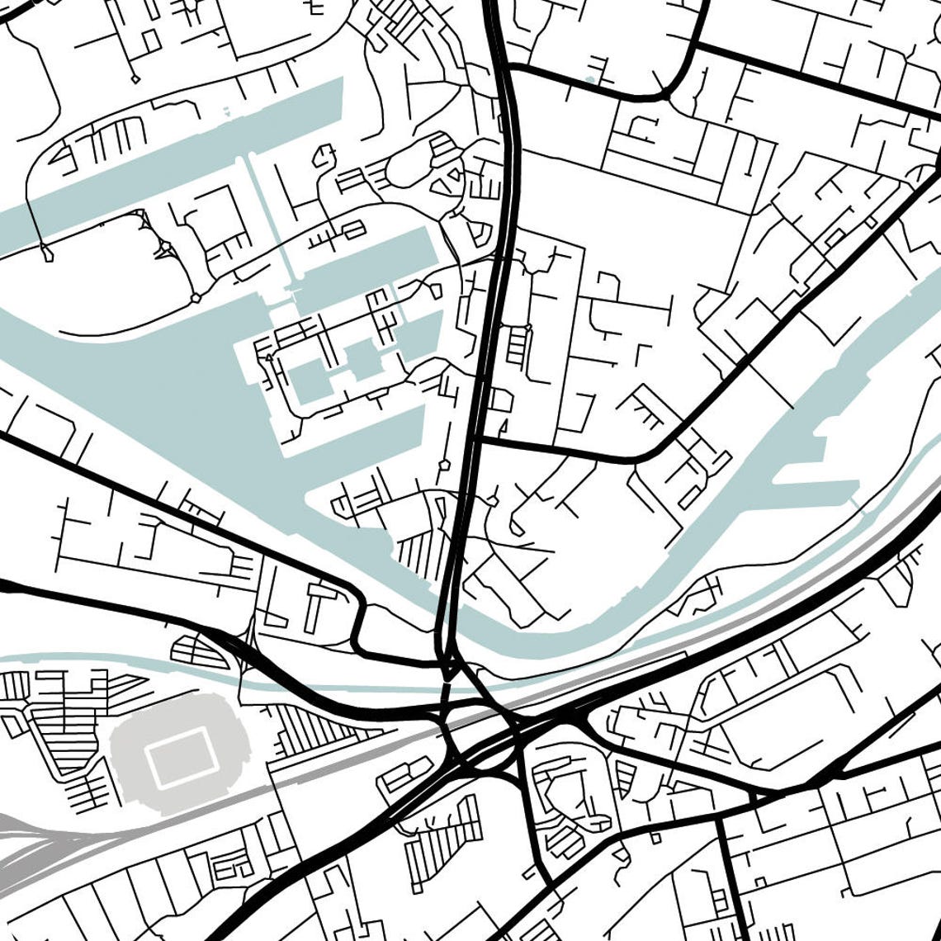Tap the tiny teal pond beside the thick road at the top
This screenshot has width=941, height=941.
coord(589,80)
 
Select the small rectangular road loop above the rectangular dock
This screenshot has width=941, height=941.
coord(354,229)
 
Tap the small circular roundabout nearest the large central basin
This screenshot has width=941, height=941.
coord(196,298)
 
